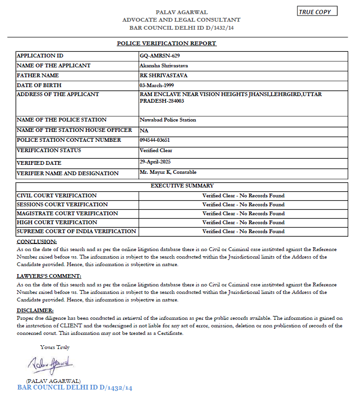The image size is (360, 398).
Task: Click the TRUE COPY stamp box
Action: pos(317,12)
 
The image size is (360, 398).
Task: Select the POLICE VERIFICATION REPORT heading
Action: pos(167,43)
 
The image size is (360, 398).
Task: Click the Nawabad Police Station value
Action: pos(168,120)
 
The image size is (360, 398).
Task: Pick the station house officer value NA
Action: pos(144,130)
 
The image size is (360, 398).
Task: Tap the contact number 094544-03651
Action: pos(155,140)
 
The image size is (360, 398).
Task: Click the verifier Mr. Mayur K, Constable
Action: pos(168,172)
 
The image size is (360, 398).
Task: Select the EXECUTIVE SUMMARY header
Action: pos(182,186)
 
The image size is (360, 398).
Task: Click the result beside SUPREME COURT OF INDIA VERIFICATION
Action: pos(243,231)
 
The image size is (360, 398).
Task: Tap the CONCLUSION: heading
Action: pos(37,242)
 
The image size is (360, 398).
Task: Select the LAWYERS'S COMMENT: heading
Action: pos(49,276)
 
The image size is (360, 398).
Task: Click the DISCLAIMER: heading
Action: pos(35,310)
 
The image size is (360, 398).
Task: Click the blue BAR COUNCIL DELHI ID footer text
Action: pos(75,388)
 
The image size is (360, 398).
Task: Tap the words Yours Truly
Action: pos(55,347)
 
